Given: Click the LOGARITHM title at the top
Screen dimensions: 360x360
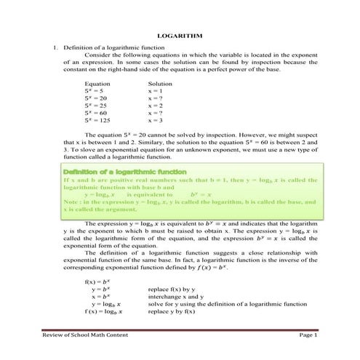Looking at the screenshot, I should (180, 36).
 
